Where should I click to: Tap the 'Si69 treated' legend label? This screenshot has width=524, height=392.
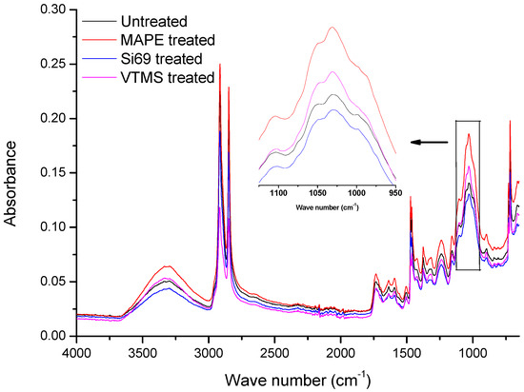coord(161,58)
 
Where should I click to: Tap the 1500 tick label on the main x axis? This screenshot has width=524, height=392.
coord(407,352)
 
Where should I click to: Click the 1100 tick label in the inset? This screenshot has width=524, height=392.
coord(279,190)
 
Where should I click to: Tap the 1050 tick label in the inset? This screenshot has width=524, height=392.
coord(318,190)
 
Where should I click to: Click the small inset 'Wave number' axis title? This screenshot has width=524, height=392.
coord(327,204)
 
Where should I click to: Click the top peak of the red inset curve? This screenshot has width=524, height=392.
coord(333,28)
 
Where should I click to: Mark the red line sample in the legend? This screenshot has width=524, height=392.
coord(97,39)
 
